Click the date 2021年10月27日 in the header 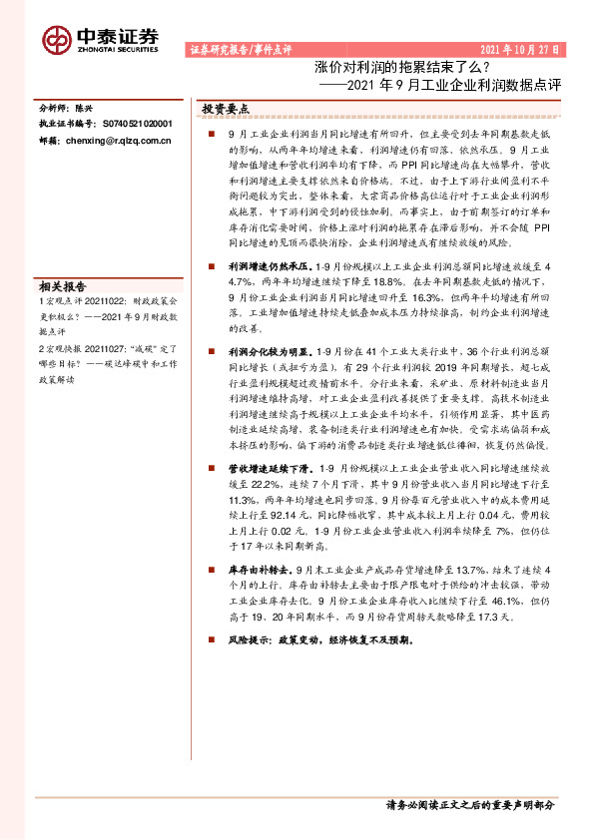[x=522, y=49]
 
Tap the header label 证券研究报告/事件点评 [x=240, y=49]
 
